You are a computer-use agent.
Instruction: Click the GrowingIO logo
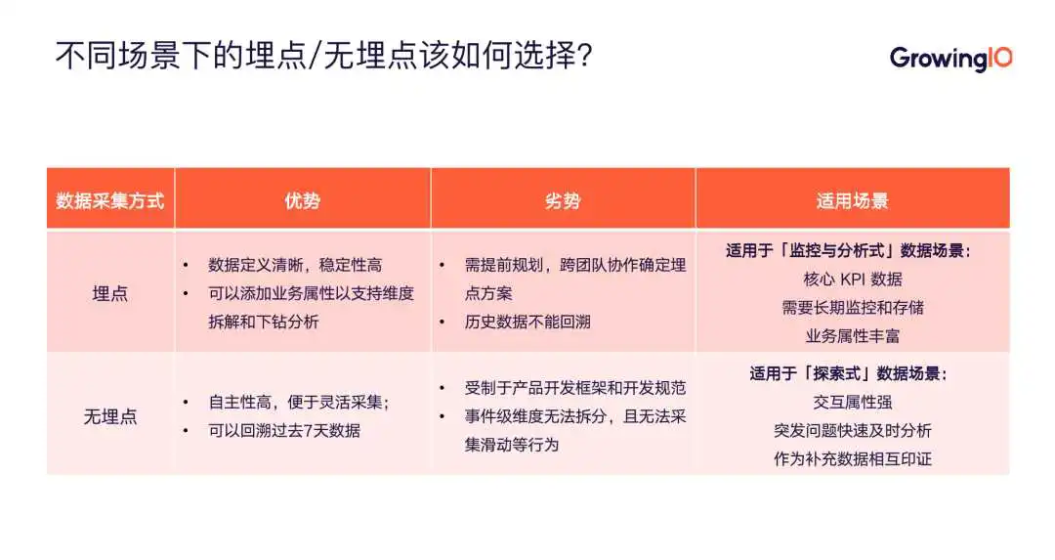tap(950, 58)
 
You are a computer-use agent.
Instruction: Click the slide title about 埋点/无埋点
tap(323, 55)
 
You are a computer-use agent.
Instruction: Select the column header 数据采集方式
tap(109, 200)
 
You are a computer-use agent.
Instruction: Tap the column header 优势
tap(302, 200)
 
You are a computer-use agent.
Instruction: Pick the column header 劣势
tap(563, 200)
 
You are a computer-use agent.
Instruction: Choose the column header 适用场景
tap(853, 200)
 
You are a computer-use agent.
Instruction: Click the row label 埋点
tap(109, 293)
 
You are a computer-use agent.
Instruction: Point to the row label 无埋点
tap(109, 416)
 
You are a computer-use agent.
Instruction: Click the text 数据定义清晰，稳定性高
tap(295, 265)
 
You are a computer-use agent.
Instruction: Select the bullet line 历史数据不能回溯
tap(527, 322)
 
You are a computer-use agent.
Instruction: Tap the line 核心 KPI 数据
tap(853, 280)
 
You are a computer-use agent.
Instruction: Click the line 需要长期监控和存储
tap(853, 308)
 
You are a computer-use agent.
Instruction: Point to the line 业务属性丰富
tap(853, 336)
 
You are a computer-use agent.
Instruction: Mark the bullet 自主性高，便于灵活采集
tap(299, 403)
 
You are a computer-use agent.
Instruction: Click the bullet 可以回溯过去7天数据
tap(284, 431)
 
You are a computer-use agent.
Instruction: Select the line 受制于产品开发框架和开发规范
tap(575, 388)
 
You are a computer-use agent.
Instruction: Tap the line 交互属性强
tap(853, 403)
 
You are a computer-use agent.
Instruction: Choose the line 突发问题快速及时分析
tap(853, 431)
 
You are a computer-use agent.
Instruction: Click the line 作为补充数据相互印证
tap(853, 459)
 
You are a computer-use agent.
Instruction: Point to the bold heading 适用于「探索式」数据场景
tap(849, 373)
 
